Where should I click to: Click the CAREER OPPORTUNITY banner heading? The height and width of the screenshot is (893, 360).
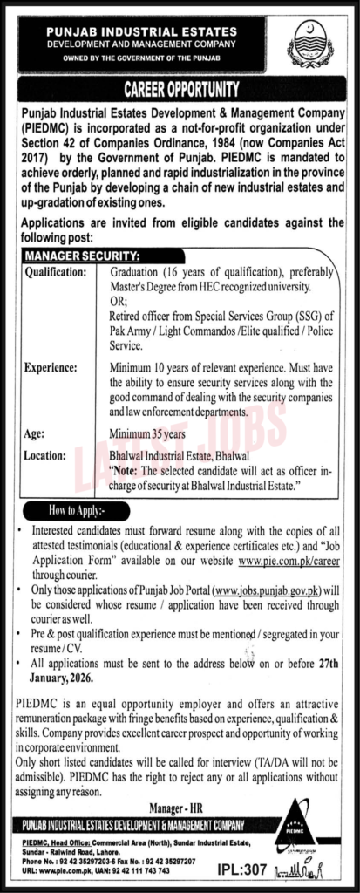[x=181, y=88]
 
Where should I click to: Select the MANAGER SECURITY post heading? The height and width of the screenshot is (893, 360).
[x=79, y=256]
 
